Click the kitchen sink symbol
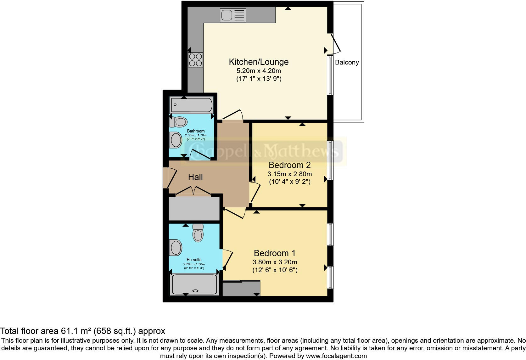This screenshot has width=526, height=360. click(x=233, y=15)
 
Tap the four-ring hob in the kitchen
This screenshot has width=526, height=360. click(x=195, y=60)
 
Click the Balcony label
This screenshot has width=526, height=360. click(x=347, y=62)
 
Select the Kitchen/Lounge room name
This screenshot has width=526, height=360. click(x=259, y=62)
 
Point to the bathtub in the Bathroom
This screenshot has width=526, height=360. click(x=191, y=105)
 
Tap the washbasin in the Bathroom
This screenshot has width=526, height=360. click(x=176, y=140)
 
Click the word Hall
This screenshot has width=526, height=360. click(x=195, y=177)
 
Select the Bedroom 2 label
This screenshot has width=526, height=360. click(x=289, y=165)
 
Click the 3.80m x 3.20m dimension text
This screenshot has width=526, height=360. click(x=275, y=262)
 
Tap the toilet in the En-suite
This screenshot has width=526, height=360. click(x=198, y=233)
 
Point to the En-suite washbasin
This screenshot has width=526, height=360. click(x=176, y=247)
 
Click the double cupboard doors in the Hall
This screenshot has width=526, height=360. click(x=193, y=191)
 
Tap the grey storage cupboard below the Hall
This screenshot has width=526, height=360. click(x=194, y=209)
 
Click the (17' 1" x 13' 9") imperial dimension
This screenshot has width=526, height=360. click(x=259, y=79)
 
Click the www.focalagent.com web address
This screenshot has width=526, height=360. click(x=336, y=356)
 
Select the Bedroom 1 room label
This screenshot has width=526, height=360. click(x=275, y=253)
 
